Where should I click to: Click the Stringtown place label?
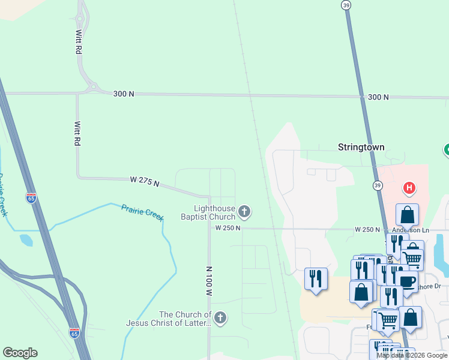[x=361, y=147]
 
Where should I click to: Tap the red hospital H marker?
[x=409, y=188]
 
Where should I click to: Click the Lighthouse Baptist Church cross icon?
[x=244, y=211]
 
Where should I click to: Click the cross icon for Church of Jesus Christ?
[x=220, y=318]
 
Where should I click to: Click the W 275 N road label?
[x=145, y=181]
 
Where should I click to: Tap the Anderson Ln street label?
[x=411, y=230]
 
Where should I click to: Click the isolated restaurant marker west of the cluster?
[x=316, y=278]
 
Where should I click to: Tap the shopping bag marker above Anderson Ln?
[x=407, y=214]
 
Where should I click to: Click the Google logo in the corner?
[x=20, y=352]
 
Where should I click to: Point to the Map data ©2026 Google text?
[x=412, y=355]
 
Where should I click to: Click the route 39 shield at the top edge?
[x=346, y=5]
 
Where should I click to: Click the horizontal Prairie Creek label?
[x=142, y=212]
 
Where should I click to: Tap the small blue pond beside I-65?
[x=26, y=240]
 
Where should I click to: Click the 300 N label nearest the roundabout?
[x=123, y=94]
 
